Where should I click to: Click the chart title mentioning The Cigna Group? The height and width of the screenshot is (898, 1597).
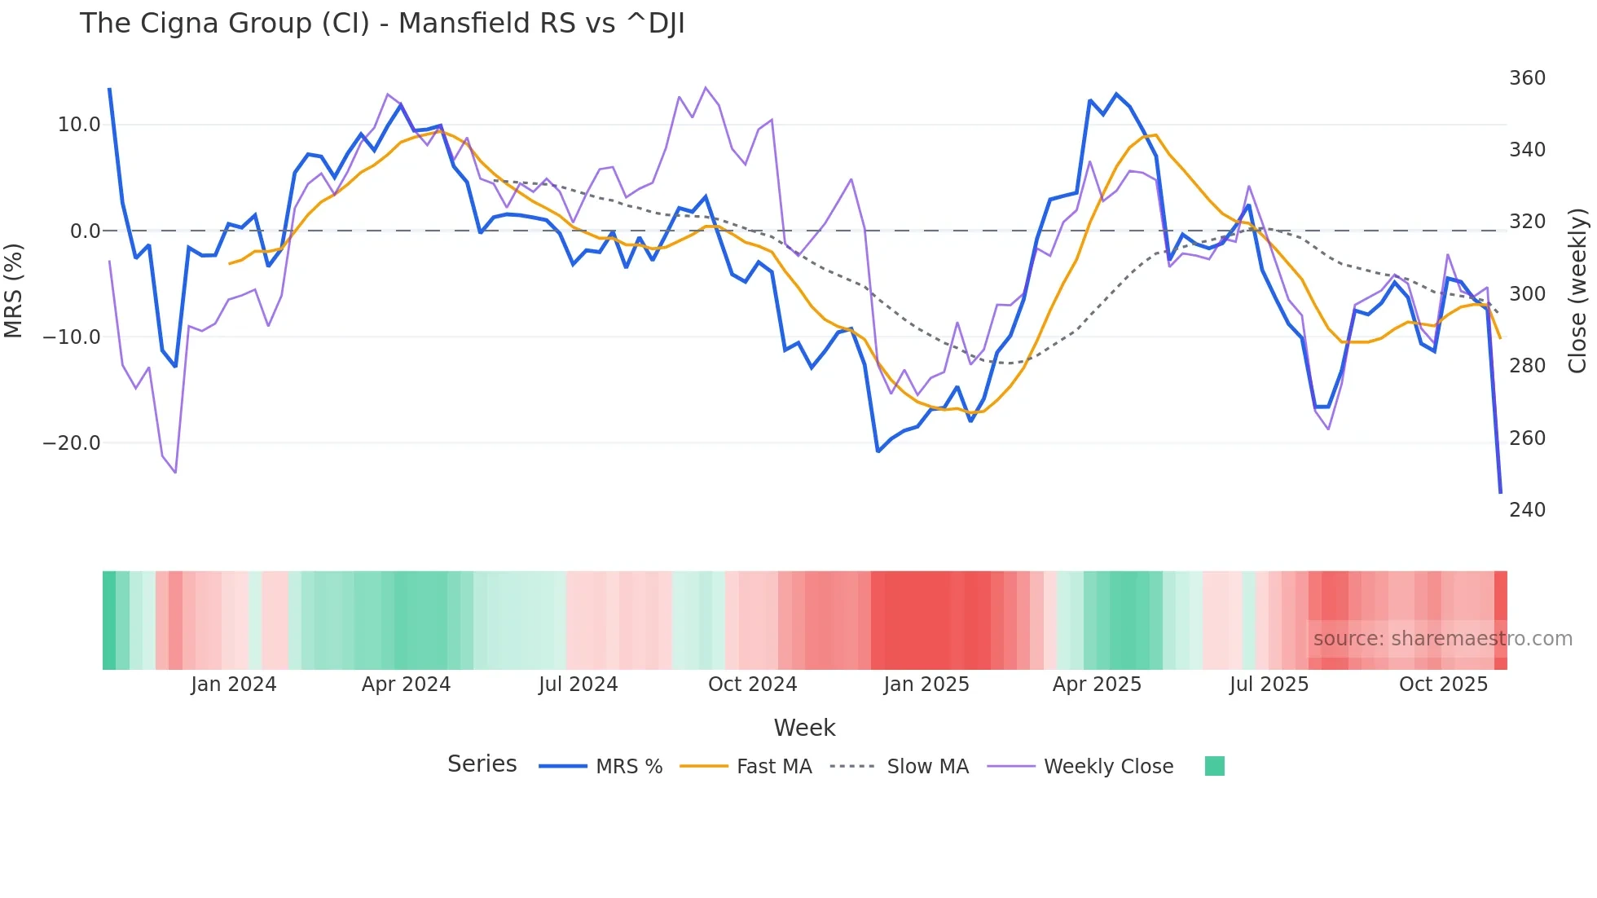(x=382, y=24)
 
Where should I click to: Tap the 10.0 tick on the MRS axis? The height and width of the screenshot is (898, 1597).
(x=79, y=125)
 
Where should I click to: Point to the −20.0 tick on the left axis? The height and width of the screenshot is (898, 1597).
(x=72, y=443)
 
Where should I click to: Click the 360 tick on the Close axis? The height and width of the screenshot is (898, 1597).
(x=1527, y=78)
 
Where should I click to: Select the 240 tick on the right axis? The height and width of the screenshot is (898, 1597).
(x=1527, y=510)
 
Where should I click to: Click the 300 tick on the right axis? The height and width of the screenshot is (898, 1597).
(x=1527, y=294)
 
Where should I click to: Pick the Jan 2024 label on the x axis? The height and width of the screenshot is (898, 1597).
(x=234, y=685)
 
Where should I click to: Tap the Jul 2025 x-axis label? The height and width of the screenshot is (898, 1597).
(x=1269, y=685)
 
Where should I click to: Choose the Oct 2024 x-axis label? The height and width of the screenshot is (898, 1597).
(x=752, y=685)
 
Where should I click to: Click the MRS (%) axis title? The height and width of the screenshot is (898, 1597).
(x=14, y=290)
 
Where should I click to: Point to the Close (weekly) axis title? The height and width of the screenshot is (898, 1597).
(x=1578, y=290)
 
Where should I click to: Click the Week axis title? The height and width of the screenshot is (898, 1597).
(x=804, y=728)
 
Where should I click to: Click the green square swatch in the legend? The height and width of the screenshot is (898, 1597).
(x=1214, y=766)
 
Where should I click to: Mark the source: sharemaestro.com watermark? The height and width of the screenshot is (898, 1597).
(x=1442, y=639)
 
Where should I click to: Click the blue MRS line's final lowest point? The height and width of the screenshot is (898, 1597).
(x=1500, y=492)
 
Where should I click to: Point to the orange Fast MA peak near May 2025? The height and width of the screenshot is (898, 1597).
(x=1155, y=135)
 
